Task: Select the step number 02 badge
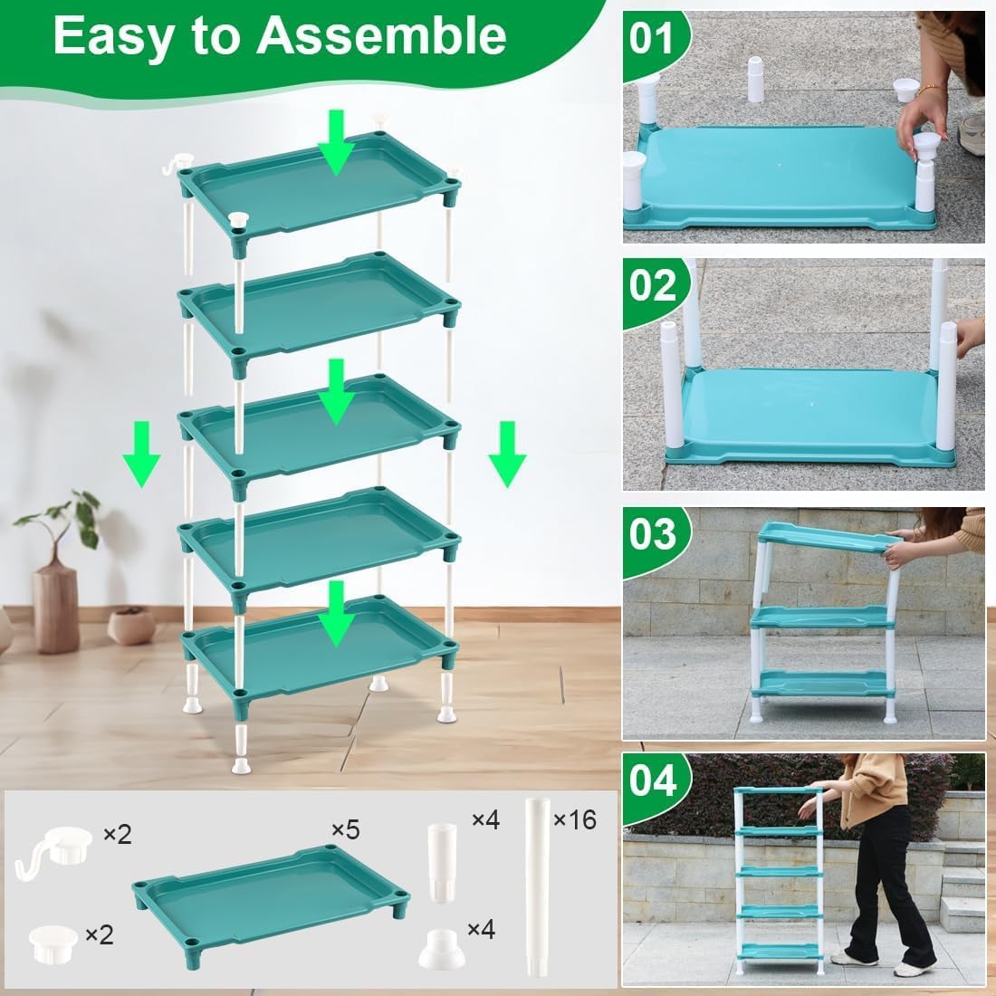tap(653, 285)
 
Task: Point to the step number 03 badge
tap(653, 533)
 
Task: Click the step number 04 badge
tap(653, 780)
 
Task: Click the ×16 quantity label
tap(574, 820)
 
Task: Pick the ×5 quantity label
tap(346, 829)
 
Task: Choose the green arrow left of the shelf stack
tap(141, 454)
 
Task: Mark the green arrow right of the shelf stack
tap(507, 454)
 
